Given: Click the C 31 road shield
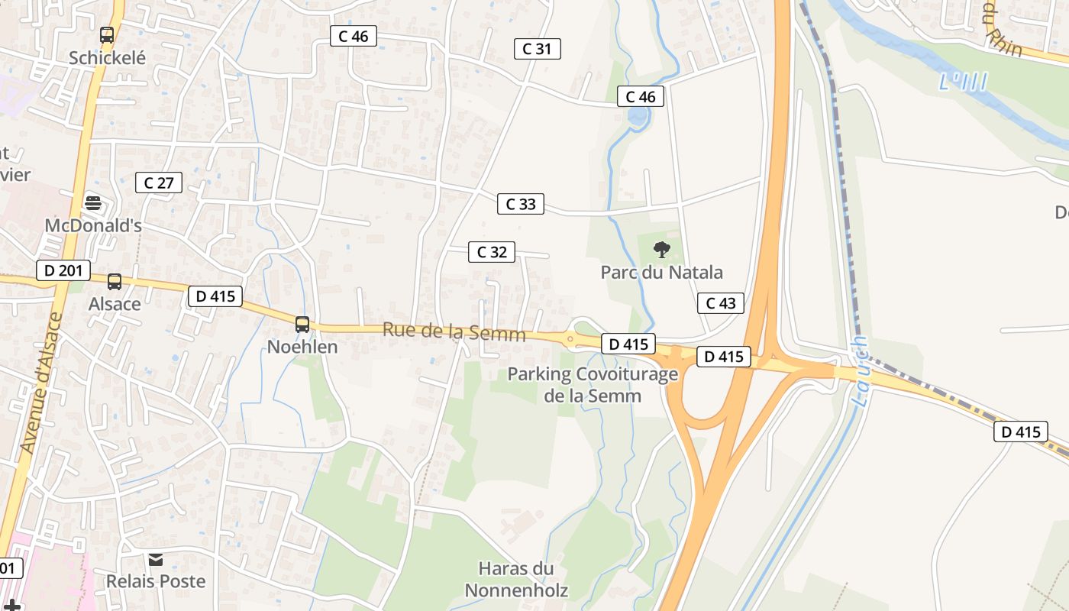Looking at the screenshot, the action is [538, 49].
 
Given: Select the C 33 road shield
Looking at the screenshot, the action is [521, 204].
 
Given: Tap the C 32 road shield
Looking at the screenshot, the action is [492, 252].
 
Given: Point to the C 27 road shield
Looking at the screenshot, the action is [159, 183].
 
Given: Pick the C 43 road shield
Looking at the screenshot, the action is [721, 303].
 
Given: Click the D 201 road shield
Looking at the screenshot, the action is [63, 270].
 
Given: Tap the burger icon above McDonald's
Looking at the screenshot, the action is [93, 203].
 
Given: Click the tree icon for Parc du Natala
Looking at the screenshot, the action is [661, 249].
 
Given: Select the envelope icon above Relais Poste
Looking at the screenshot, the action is [156, 560].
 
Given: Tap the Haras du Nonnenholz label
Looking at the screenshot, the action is [516, 579].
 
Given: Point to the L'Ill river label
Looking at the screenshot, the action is [963, 81].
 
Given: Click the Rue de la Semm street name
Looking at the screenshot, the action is [454, 332].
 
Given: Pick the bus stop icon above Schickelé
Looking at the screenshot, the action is [107, 35].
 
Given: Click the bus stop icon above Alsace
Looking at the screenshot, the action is [115, 282].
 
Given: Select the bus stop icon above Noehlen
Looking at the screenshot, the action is [302, 325].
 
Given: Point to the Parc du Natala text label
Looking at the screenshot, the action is [661, 273].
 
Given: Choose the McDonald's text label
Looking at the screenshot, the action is [93, 226].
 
